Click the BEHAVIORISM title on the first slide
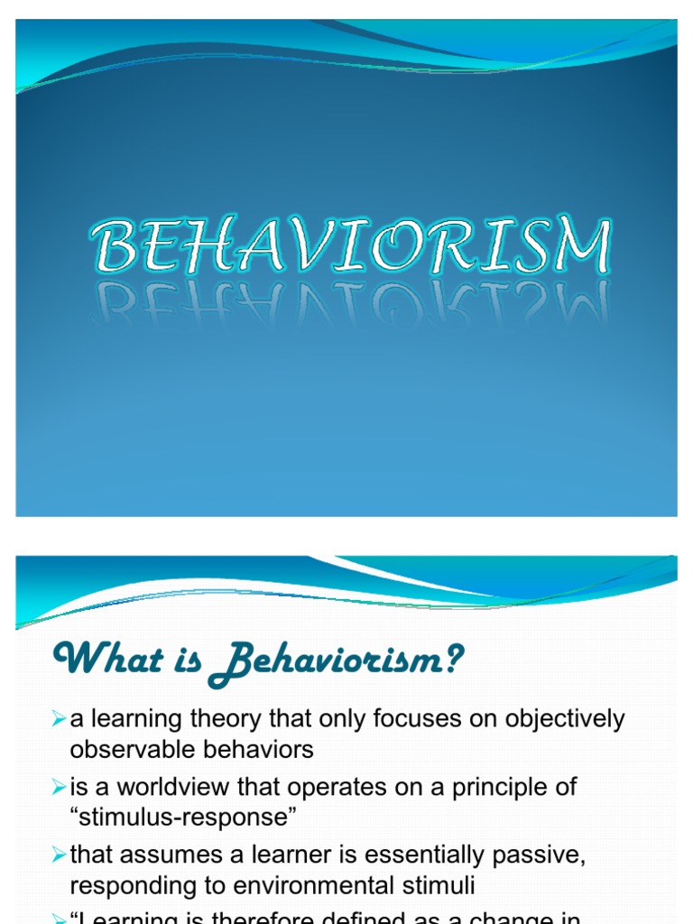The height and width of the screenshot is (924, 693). coord(350,245)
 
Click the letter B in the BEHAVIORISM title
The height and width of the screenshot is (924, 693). coord(112,246)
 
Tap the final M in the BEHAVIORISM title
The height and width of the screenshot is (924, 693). coord(577,246)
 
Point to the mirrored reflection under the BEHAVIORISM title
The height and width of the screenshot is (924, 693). coord(350,303)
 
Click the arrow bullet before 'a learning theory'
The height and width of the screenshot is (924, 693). coord(59,719)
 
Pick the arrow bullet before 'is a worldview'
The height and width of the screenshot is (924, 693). coord(59,787)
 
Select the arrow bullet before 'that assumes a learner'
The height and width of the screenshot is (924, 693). coord(59,855)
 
